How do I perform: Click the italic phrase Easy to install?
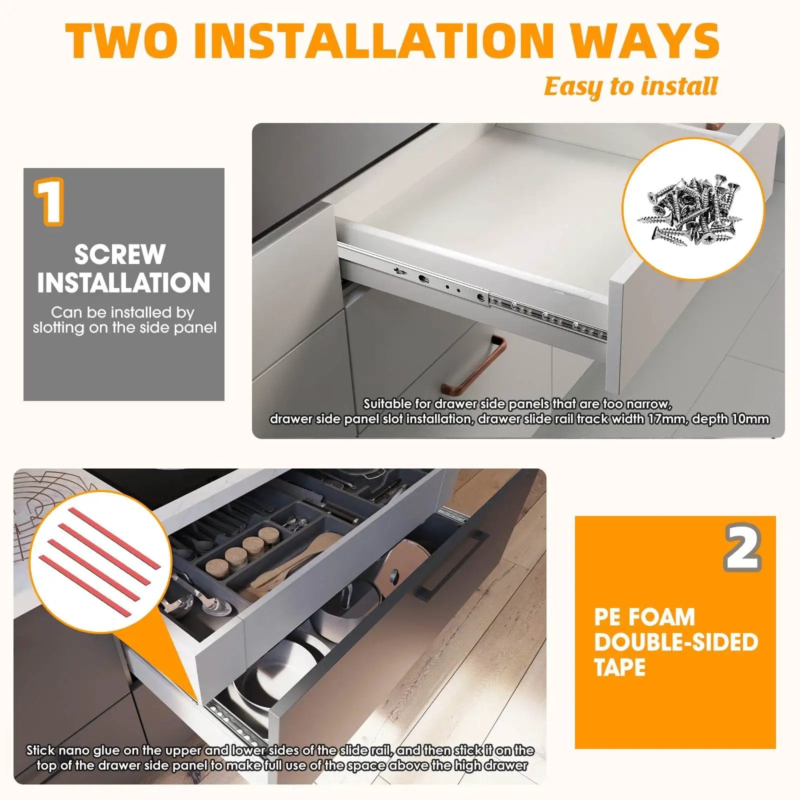pyautogui.click(x=631, y=86)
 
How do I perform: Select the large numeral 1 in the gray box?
pyautogui.click(x=49, y=201)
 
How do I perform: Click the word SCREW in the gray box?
pyautogui.click(x=120, y=254)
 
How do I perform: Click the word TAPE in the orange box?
pyautogui.click(x=620, y=667)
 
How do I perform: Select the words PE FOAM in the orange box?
pyautogui.click(x=644, y=617)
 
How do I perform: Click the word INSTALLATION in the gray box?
pyautogui.click(x=124, y=282)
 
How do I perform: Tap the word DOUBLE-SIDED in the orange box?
pyautogui.click(x=676, y=642)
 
